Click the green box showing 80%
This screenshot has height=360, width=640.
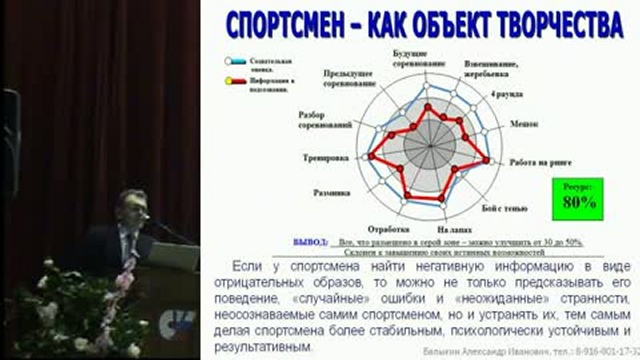click(579, 196)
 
